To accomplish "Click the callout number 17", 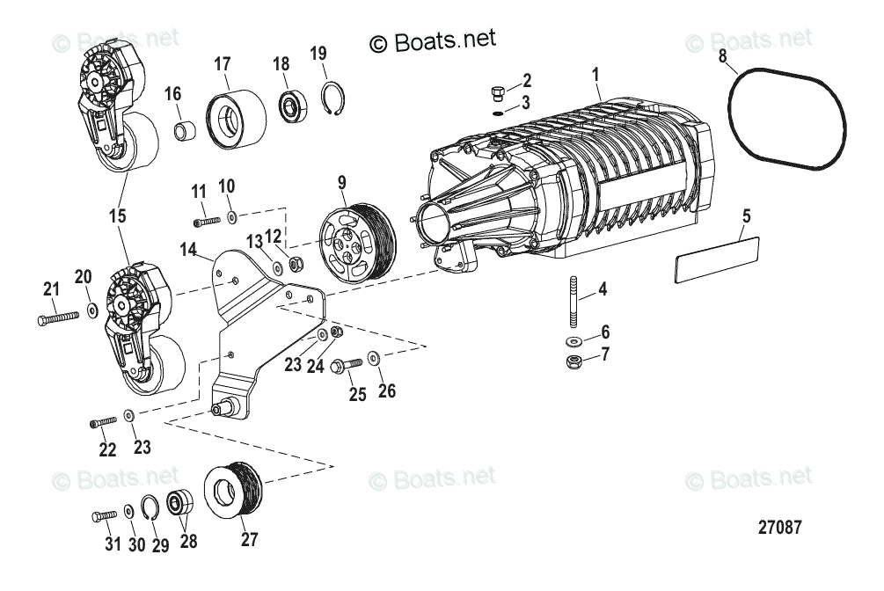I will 222,64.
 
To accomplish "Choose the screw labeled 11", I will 205,222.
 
